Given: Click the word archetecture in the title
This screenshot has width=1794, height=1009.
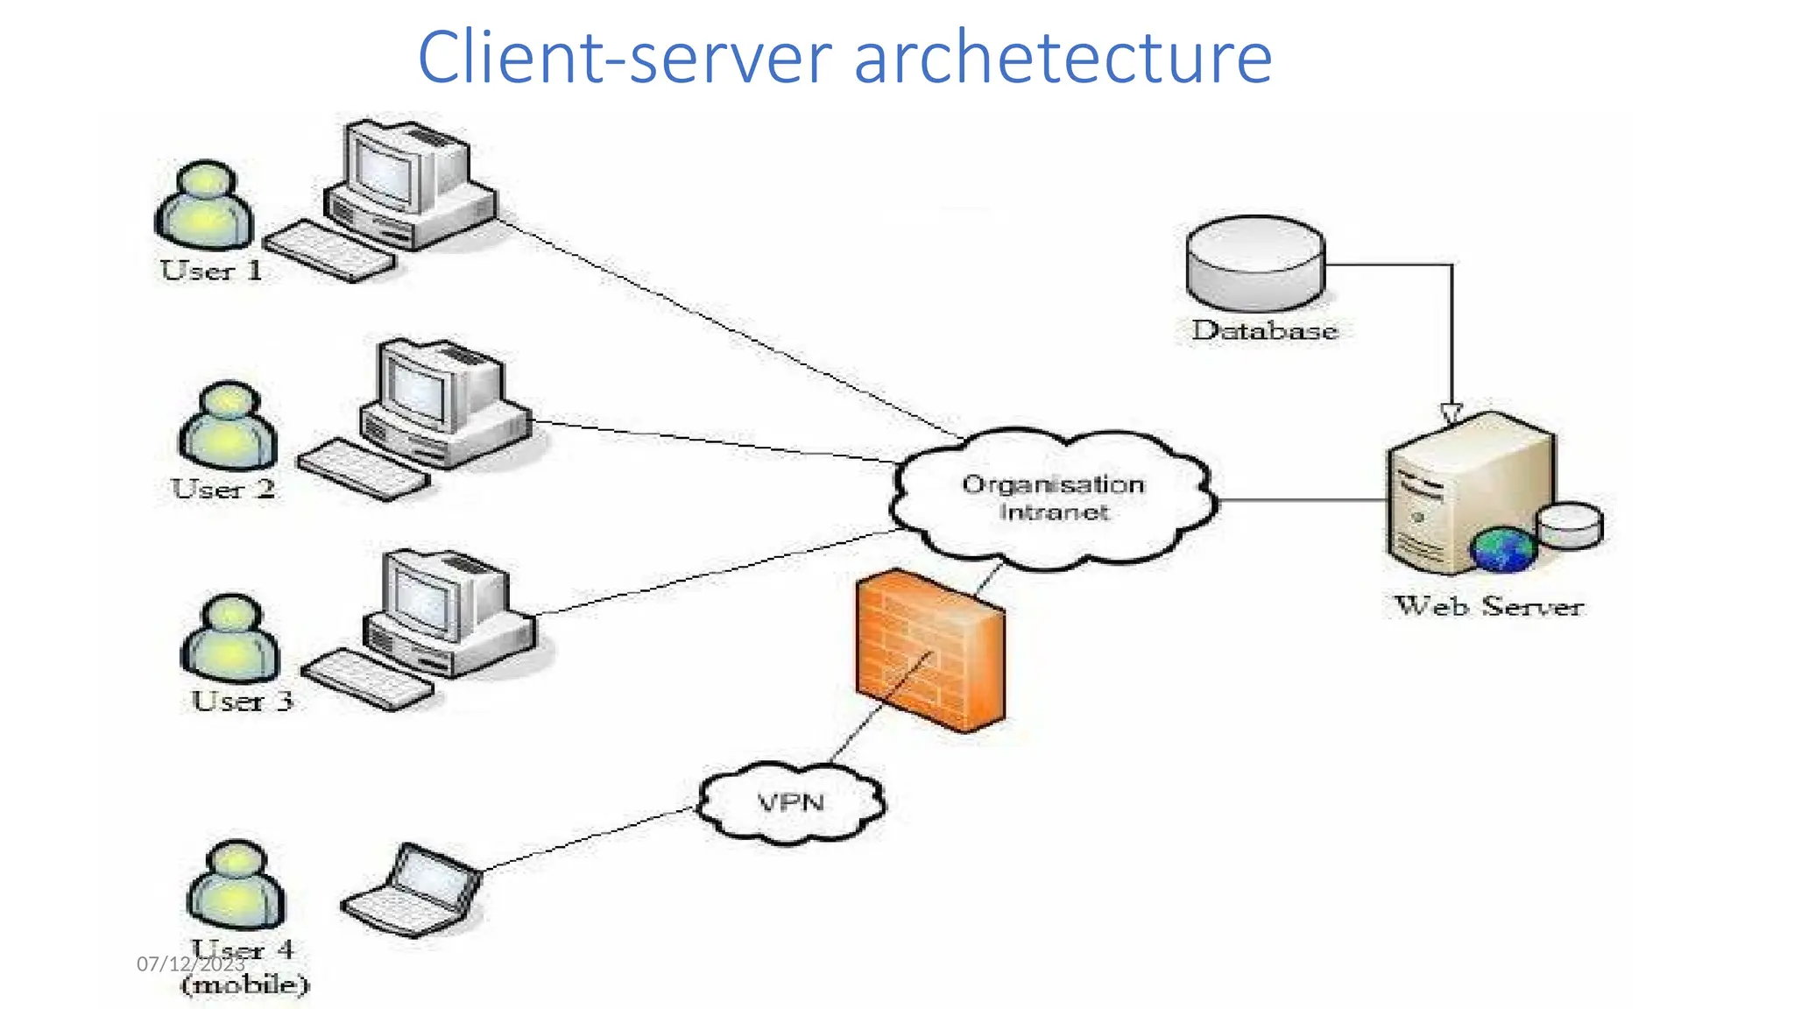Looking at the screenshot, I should coord(1062,58).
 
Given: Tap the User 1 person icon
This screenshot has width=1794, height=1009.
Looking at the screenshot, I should coord(205,207).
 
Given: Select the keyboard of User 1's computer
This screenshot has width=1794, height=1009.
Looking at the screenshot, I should coord(329,251).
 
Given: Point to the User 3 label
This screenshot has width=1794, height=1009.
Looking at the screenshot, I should coord(242,702).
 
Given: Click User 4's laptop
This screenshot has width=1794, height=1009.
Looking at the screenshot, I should coord(412,892).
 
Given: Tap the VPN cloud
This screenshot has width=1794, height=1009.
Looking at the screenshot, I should coord(791,802).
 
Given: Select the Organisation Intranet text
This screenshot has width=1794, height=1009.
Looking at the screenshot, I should coord(1053,497).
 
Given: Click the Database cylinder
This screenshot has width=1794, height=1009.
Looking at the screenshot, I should coord(1255,263).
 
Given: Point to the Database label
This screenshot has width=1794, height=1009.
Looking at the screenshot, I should coord(1264,331).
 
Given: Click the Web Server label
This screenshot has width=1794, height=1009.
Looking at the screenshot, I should coord(1488,606).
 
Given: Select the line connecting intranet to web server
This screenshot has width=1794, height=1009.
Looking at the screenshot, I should coord(1302,501).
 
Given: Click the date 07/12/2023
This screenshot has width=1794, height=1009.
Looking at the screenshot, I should coord(190,964).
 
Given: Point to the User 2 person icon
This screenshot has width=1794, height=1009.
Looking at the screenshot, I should coord(229,427).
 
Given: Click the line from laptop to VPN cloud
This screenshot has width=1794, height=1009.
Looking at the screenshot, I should coord(589,839).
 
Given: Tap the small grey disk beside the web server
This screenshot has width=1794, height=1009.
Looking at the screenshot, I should coord(1570,526).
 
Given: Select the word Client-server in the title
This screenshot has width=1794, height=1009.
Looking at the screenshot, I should coord(624,58).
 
